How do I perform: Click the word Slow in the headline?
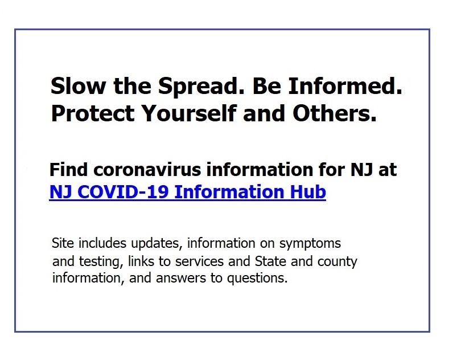click(78, 86)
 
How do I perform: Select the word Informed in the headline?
click(345, 86)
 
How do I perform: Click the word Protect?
click(93, 113)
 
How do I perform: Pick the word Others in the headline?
click(335, 113)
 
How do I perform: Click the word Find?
click(68, 169)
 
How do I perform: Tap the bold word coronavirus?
click(147, 170)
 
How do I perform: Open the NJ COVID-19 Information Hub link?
click(188, 191)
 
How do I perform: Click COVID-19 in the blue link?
click(123, 191)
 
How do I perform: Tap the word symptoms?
click(310, 244)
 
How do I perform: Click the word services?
click(200, 261)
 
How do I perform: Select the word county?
click(337, 261)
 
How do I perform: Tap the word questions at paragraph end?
click(257, 279)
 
